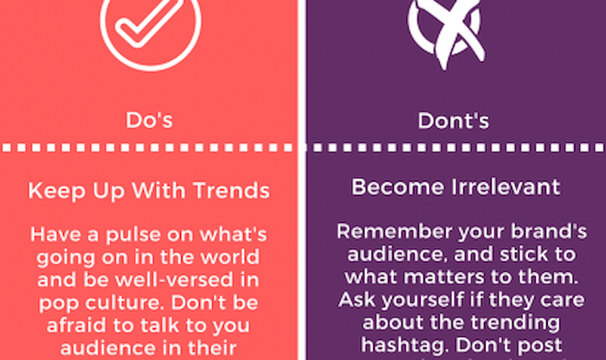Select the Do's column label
point(149,120)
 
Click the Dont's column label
point(454,120)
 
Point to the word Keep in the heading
point(57,190)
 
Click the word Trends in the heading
point(231,190)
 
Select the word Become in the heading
point(397,187)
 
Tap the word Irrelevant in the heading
point(506,187)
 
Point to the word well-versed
point(173,280)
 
